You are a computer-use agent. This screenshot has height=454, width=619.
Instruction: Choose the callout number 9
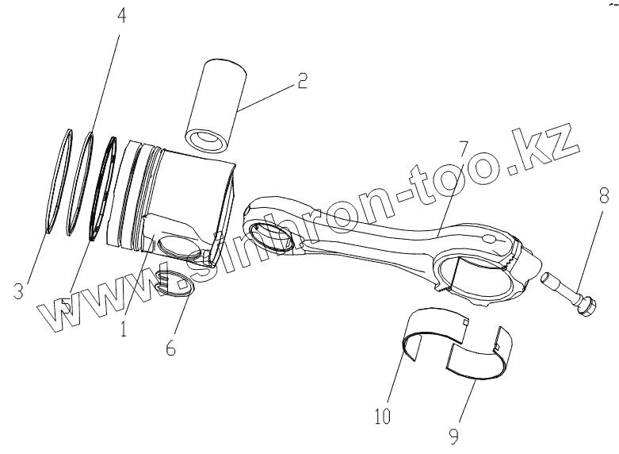pyautogui.click(x=454, y=435)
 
